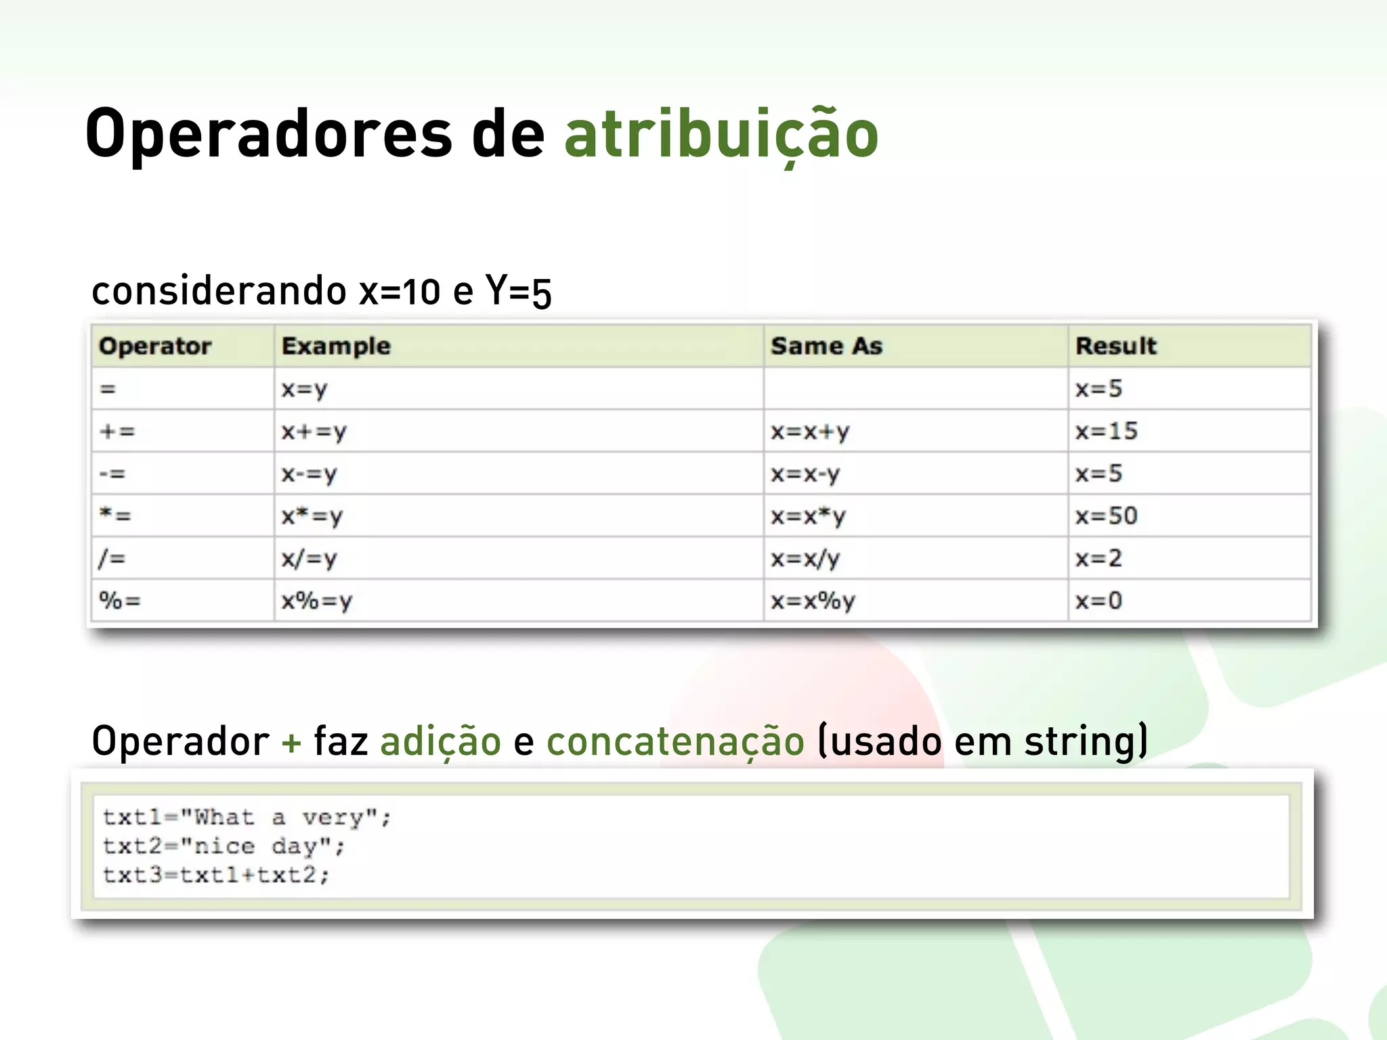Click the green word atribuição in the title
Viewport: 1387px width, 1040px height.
tap(721, 135)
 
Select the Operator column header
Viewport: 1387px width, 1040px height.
tap(155, 346)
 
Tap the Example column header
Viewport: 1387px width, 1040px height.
tap(336, 346)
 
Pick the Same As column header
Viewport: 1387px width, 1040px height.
tap(826, 346)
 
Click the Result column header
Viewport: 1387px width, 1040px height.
tap(1115, 346)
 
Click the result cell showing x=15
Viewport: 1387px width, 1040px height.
tap(1107, 431)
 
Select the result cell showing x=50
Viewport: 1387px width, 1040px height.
tap(1107, 516)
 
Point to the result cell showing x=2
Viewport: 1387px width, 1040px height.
tap(1098, 559)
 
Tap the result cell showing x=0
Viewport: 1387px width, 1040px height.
tap(1098, 601)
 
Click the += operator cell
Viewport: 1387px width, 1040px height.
tap(117, 431)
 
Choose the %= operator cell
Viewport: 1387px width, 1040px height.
tap(120, 601)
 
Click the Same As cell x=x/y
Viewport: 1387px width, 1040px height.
tap(805, 559)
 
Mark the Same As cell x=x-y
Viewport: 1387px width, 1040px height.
tap(805, 474)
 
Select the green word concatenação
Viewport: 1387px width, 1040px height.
tap(675, 741)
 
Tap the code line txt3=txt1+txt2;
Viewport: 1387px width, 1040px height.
tap(216, 875)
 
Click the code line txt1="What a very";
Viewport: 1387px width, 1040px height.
tap(247, 817)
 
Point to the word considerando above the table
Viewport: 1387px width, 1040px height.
tap(219, 291)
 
